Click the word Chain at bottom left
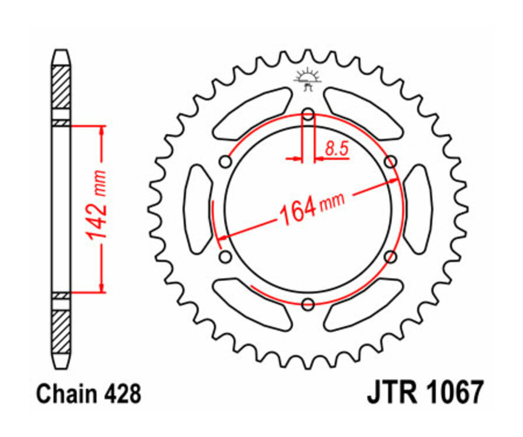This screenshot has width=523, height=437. point(63,395)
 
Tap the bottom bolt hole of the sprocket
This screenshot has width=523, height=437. point(309,303)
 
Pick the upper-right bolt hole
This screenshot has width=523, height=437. point(391,161)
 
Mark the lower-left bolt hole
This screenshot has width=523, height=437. point(226,256)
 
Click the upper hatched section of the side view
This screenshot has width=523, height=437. point(62,87)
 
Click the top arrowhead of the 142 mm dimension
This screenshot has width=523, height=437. point(102,130)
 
